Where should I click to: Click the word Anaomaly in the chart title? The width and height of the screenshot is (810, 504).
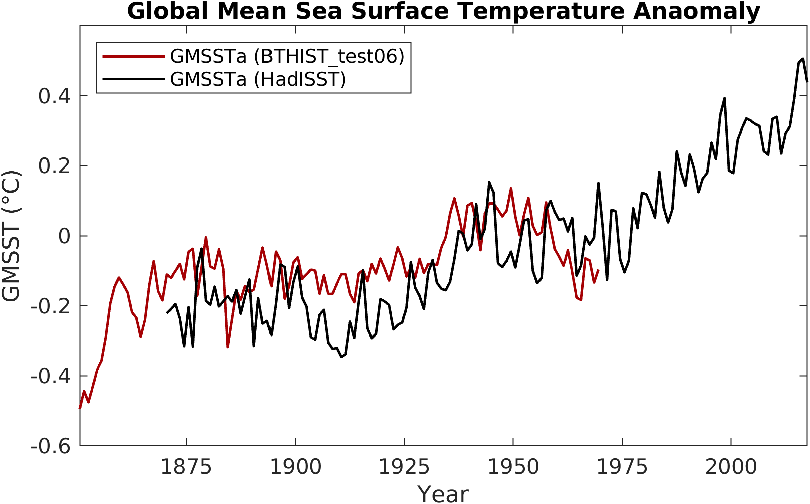696,11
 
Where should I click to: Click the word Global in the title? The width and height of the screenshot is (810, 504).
168,11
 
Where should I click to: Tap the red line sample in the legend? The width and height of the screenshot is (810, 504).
134,57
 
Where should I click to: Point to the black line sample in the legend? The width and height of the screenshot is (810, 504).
134,79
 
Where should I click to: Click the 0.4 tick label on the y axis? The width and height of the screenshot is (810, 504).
54,96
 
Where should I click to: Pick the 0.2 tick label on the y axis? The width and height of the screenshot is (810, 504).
54,166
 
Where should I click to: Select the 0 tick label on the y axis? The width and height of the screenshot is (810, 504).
64,236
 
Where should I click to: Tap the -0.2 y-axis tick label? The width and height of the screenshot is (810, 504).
51,307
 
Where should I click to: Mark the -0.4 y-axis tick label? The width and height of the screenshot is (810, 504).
51,377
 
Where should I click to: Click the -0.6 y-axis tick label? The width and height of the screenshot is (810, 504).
51,446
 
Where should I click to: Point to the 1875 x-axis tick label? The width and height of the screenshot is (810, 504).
186,467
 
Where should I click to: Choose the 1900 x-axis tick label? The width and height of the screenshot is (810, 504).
296,467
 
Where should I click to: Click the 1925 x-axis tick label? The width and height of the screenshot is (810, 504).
404,467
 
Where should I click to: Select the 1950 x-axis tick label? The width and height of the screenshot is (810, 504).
513,467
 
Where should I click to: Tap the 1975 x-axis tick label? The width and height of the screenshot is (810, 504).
622,467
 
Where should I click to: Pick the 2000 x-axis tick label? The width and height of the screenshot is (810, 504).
731,467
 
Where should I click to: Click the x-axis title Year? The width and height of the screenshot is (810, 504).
443,494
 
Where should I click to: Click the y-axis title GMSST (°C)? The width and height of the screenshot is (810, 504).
11,236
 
